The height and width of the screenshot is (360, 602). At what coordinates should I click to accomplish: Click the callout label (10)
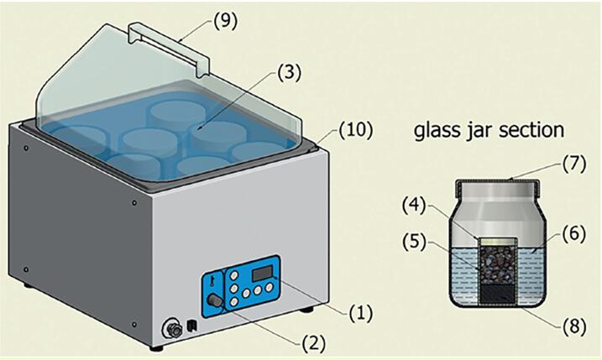point(356,131)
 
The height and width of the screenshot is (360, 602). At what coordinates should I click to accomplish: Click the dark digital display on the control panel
point(264,272)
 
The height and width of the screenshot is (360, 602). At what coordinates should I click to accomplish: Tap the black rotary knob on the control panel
point(217,300)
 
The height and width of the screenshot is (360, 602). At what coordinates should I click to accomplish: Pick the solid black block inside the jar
point(497,292)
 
